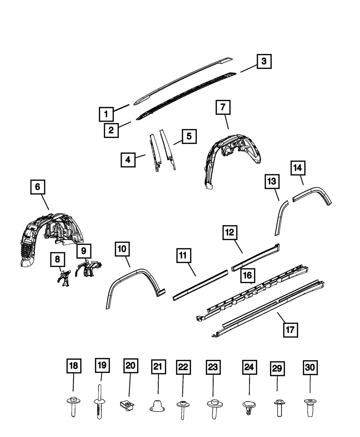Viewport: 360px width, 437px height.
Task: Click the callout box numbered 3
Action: coord(264,61)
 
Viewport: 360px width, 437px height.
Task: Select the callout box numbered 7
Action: coord(223,107)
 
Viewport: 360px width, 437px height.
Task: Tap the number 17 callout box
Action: coord(291,329)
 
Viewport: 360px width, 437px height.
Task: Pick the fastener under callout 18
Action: coord(73,407)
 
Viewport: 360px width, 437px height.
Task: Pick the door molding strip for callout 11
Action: coord(200,284)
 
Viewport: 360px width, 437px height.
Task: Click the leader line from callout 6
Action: coord(44,202)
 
